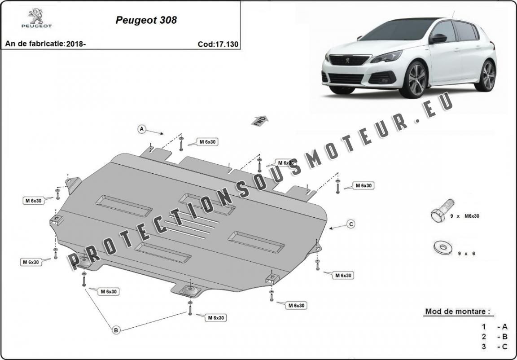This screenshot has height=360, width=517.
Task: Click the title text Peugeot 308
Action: (146, 20)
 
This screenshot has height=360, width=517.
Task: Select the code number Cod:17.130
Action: (218, 44)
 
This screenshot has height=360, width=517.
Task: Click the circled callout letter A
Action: (142, 129)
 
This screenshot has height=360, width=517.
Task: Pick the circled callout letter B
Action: (116, 330)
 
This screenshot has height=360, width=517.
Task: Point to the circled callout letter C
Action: (351, 224)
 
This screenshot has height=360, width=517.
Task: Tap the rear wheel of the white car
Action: (487, 75)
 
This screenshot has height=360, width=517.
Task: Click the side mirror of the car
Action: (438, 39)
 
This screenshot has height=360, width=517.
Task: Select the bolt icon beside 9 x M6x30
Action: (439, 214)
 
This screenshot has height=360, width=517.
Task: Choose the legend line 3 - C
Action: (495, 346)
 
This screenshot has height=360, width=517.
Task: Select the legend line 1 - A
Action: (495, 327)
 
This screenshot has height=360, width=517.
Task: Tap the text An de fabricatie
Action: (34, 44)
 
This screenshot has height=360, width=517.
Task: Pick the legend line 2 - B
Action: (495, 337)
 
